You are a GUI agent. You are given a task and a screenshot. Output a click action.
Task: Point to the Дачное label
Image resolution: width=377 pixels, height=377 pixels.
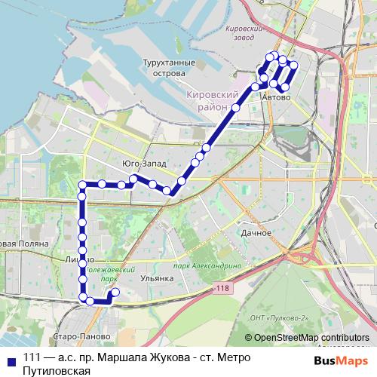256,233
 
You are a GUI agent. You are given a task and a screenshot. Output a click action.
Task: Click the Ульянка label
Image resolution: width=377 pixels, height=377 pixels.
158,278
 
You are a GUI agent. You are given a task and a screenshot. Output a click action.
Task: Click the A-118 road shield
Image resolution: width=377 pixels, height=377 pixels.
222,288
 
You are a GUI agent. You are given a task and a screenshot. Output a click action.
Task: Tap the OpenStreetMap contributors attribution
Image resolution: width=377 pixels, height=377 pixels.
308,338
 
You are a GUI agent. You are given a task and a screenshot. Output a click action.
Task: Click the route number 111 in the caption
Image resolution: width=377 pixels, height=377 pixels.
32,358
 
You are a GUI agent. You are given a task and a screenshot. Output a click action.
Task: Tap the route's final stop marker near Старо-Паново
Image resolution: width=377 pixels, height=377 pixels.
115,293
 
